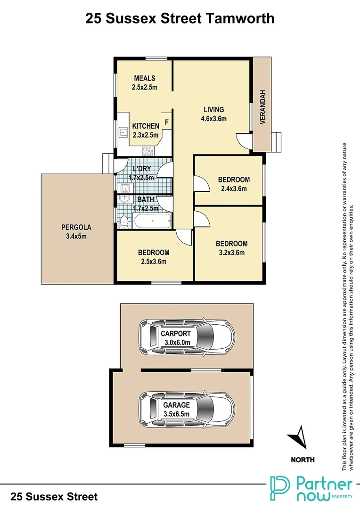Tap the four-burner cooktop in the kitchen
[147, 151]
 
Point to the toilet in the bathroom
[123, 221]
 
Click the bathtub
[152, 220]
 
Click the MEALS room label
[145, 78]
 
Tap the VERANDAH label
[263, 106]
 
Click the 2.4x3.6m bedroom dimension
[234, 189]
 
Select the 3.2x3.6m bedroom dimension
[231, 253]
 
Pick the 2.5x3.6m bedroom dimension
[153, 262]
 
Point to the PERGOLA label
[76, 228]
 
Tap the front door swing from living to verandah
[244, 140]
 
